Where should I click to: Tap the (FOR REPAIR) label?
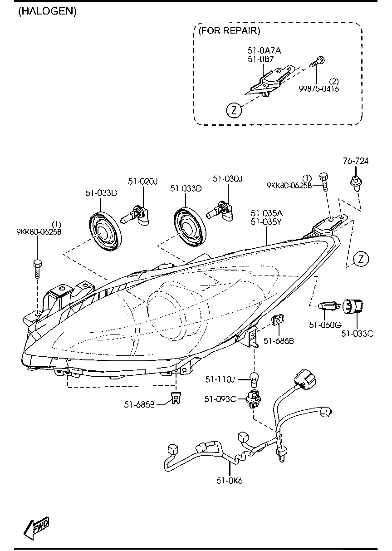click(229, 31)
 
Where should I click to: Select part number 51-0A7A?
click(264, 50)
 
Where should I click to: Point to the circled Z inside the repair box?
click(234, 110)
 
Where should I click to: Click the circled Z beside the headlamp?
click(361, 259)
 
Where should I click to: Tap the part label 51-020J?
click(142, 181)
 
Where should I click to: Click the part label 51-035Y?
click(265, 222)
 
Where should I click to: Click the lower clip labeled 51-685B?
click(175, 398)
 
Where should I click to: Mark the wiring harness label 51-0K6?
click(230, 481)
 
